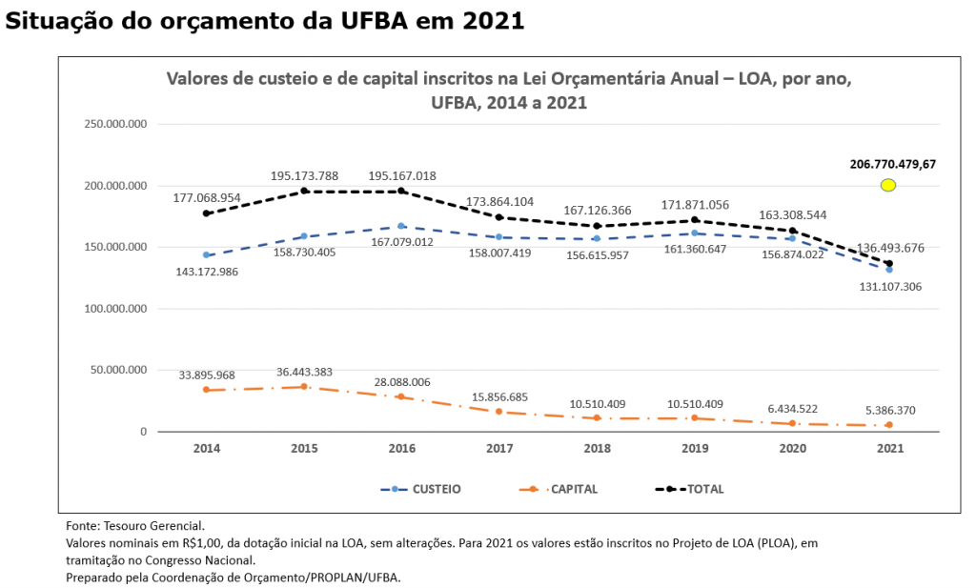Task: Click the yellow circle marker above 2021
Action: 888,185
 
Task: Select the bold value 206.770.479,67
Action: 892,164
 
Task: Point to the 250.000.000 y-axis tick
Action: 115,125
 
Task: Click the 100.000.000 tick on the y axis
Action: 115,309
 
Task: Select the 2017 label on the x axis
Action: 499,448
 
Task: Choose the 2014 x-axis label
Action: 207,448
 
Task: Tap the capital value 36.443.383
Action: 304,371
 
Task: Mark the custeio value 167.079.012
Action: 401,242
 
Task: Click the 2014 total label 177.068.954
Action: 207,197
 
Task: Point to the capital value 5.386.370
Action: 889,410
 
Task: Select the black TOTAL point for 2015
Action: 304,192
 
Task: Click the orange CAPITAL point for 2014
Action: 207,390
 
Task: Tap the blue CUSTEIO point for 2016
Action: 401,226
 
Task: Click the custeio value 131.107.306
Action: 889,286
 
